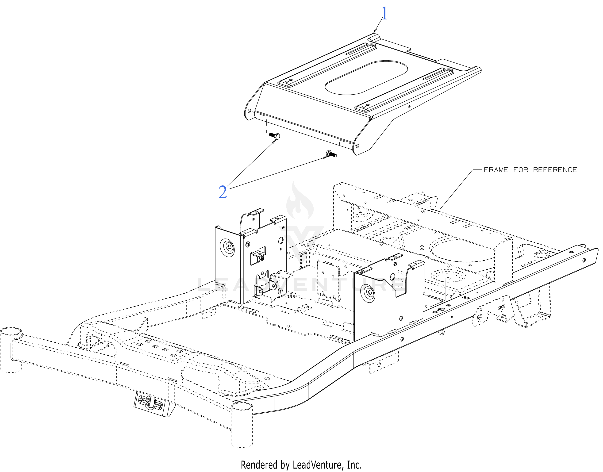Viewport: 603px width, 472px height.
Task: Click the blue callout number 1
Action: (384, 13)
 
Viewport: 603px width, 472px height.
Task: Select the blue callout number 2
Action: (223, 192)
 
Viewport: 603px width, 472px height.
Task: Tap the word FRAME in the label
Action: (496, 170)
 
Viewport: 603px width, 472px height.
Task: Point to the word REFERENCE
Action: (555, 170)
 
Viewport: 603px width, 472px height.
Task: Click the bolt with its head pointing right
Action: (274, 136)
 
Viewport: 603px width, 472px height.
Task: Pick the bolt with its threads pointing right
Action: (331, 154)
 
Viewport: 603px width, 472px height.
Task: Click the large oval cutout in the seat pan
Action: (366, 78)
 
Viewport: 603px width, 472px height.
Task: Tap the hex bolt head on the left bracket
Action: (229, 246)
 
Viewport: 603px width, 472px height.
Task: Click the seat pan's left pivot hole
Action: (249, 111)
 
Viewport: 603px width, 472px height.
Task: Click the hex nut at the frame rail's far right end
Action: (584, 260)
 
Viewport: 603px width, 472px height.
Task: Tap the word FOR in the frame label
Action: (521, 170)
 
